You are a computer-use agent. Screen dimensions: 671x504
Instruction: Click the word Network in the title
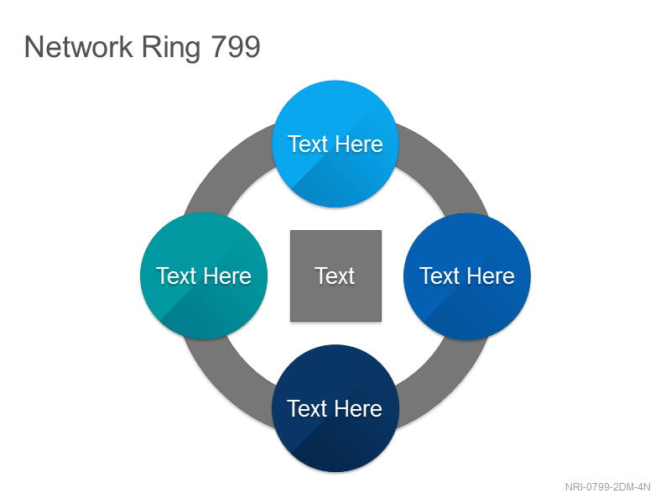click(78, 47)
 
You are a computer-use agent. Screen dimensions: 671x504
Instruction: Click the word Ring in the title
click(171, 49)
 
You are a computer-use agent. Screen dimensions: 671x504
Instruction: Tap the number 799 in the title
click(236, 47)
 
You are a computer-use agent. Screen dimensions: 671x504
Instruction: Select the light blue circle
click(335, 144)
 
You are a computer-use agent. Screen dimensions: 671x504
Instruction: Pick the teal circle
click(204, 276)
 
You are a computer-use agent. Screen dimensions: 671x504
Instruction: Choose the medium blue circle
click(467, 276)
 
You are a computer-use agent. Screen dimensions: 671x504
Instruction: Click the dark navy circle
click(335, 408)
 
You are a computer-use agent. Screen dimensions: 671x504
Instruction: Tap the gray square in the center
click(336, 276)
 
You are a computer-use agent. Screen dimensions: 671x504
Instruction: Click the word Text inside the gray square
click(335, 276)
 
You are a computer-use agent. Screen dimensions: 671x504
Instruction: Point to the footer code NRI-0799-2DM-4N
click(607, 487)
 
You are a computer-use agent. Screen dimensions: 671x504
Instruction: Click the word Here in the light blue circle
click(359, 144)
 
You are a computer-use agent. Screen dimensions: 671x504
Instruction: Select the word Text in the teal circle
click(176, 276)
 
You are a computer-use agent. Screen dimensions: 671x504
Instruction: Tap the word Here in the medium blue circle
click(491, 276)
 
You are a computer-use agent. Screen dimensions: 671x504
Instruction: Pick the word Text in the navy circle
click(307, 408)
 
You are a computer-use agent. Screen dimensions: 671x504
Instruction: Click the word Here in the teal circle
click(227, 276)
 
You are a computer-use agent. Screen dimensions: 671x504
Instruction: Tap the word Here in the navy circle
click(358, 408)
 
